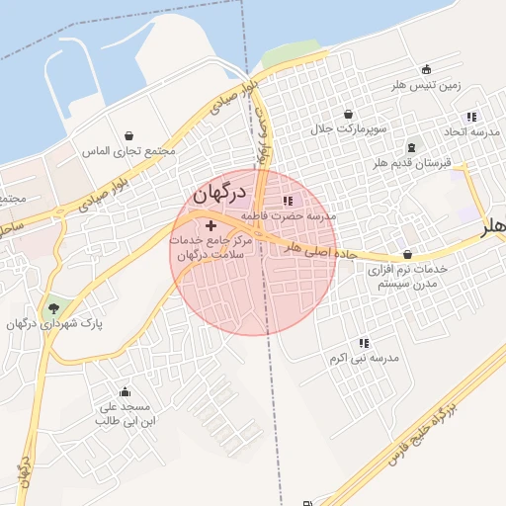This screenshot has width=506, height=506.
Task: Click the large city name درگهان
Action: pyautogui.click(x=218, y=194)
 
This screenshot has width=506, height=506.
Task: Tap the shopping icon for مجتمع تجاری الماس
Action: pyautogui.click(x=129, y=135)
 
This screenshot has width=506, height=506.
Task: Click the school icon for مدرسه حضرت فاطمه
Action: pyautogui.click(x=288, y=202)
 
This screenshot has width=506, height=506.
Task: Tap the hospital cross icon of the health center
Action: pyautogui.click(x=211, y=226)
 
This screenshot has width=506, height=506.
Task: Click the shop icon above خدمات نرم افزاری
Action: pyautogui.click(x=409, y=254)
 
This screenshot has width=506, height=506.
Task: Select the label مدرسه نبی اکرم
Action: pyautogui.click(x=365, y=357)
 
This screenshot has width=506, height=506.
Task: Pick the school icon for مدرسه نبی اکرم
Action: pyautogui.click(x=365, y=342)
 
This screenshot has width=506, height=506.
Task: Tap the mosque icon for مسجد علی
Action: pyautogui.click(x=125, y=391)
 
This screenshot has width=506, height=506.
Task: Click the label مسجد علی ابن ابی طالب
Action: pyautogui.click(x=123, y=414)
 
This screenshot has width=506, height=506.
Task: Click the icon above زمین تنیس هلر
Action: pyautogui.click(x=426, y=69)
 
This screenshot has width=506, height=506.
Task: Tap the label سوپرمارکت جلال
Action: pyautogui.click(x=348, y=129)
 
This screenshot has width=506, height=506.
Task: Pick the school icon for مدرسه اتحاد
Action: pyautogui.click(x=470, y=117)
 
